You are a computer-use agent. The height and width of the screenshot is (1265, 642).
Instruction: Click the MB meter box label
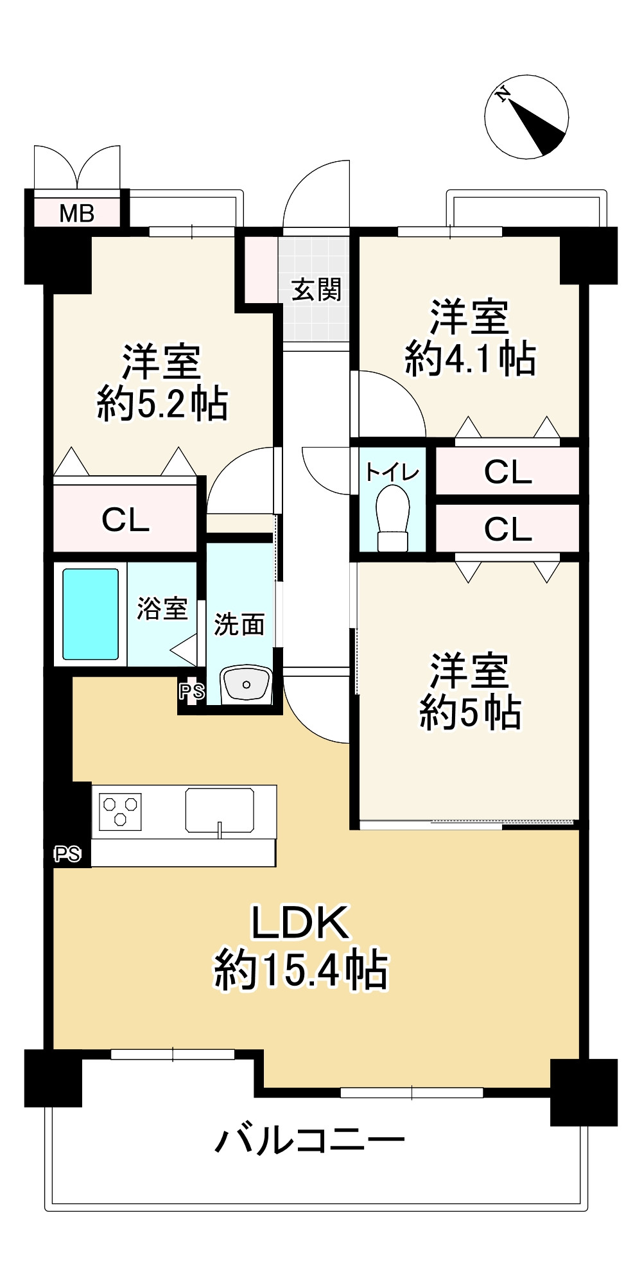[77, 213]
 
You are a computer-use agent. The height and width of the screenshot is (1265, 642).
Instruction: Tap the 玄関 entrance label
[316, 290]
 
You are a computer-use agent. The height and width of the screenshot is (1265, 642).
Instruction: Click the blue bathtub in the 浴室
[91, 615]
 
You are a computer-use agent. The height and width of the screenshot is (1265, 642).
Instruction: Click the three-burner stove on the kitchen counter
[121, 811]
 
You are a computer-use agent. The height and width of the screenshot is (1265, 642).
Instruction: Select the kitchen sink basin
[220, 810]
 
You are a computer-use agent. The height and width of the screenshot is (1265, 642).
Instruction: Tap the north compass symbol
[526, 117]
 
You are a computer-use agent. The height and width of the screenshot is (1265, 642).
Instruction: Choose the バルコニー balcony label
[310, 1141]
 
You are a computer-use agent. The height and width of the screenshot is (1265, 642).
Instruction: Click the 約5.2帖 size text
[162, 404]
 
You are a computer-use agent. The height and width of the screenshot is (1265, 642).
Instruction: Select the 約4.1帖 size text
[470, 358]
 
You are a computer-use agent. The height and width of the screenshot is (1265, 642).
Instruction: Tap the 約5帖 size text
[470, 711]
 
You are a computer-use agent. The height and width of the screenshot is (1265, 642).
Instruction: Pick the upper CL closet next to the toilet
[508, 472]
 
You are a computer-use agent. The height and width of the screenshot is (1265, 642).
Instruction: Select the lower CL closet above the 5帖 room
[508, 529]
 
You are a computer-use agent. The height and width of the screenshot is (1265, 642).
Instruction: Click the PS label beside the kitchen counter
[67, 854]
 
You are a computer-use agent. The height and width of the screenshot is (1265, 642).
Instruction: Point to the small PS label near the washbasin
[191, 692]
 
